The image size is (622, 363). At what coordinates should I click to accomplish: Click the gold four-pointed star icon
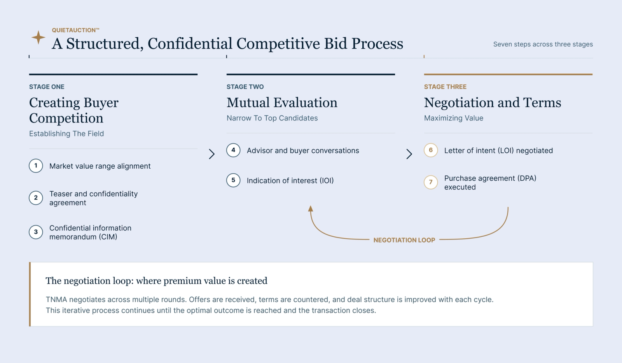tap(38, 37)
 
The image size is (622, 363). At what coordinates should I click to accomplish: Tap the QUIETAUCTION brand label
tap(75, 30)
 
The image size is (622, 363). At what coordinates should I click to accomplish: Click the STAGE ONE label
tap(47, 87)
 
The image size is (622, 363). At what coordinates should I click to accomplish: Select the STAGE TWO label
tap(245, 87)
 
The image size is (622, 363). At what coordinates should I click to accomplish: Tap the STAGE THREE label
tap(445, 87)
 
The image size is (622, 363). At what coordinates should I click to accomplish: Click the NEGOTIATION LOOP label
tap(404, 240)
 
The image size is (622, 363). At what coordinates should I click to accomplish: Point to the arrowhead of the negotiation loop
tap(311, 208)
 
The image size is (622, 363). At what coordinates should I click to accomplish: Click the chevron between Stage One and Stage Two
tap(212, 154)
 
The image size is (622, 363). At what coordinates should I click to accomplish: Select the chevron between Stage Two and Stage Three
tap(409, 154)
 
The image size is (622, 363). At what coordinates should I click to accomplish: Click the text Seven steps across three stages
tap(543, 44)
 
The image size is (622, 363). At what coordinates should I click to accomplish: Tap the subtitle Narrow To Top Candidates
tap(272, 118)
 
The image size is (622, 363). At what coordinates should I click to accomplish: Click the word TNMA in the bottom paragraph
tap(56, 299)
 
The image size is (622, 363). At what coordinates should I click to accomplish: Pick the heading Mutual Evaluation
tap(282, 103)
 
